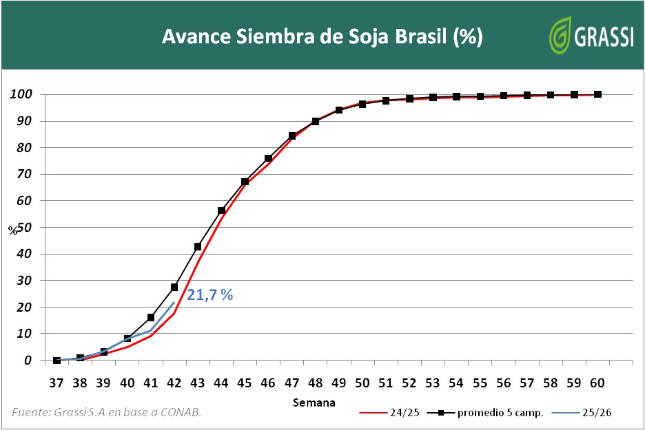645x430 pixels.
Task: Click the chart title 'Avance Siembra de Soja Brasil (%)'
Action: click(x=322, y=36)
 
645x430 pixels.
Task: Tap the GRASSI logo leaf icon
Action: click(x=562, y=35)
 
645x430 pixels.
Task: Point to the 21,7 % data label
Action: click(x=209, y=295)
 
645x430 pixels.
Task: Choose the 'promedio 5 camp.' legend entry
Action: click(x=486, y=413)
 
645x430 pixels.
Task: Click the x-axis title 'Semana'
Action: click(x=314, y=402)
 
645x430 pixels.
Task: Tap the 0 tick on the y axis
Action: click(x=27, y=360)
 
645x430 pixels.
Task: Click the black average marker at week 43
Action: click(x=198, y=246)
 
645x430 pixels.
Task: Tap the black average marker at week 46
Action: click(x=268, y=158)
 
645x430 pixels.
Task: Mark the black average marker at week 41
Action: click(x=151, y=317)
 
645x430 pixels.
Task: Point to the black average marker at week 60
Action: click(x=597, y=94)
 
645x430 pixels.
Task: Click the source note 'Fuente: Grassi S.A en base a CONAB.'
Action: click(x=107, y=412)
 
